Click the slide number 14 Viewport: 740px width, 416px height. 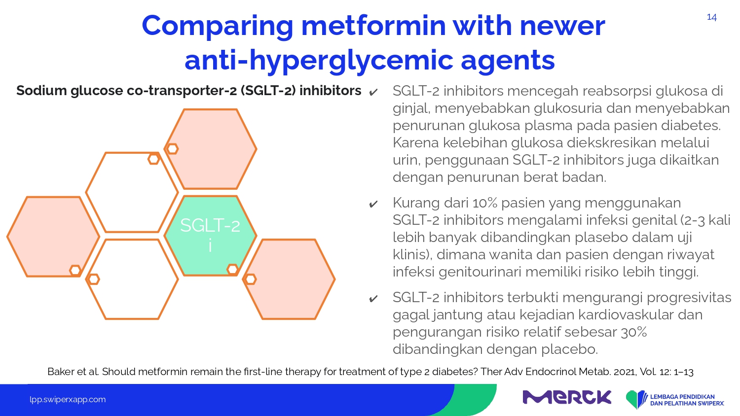tap(711, 17)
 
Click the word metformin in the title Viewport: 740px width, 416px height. tap(373, 26)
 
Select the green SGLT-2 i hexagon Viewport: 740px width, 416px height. tap(211, 236)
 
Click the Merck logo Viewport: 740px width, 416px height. tap(567, 397)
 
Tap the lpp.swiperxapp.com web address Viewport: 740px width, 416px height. tap(68, 400)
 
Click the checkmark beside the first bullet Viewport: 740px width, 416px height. tap(373, 92)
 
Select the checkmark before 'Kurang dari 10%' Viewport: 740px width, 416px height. tap(373, 204)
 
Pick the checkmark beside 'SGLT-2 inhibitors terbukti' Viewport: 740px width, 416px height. tap(373, 299)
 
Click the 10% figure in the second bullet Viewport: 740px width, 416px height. tap(484, 203)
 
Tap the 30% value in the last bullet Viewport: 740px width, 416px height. tap(634, 332)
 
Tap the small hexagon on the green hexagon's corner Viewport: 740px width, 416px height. tap(232, 270)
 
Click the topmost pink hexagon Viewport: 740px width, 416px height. tap(211, 149)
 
